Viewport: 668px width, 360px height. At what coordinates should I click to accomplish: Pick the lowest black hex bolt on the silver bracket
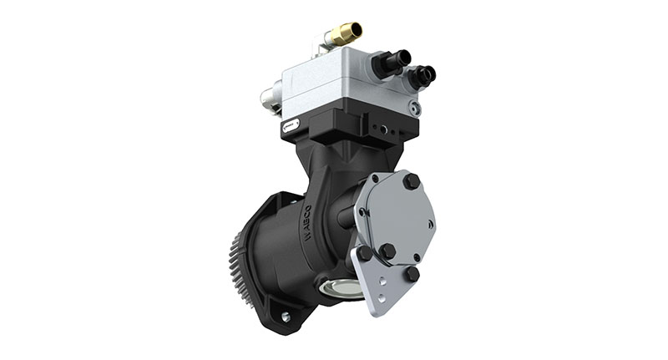(x=412, y=273)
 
